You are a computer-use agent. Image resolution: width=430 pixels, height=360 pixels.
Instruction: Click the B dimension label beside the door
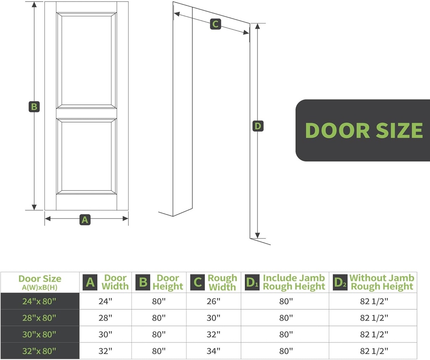(34, 107)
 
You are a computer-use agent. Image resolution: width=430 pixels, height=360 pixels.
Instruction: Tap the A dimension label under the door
(85, 219)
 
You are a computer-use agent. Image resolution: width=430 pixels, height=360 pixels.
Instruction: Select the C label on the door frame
(215, 24)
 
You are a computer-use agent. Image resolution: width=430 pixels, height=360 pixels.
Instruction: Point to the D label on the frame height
(258, 126)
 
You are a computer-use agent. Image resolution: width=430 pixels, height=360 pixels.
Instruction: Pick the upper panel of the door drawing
(87, 60)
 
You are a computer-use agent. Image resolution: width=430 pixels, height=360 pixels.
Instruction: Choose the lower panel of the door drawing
(87, 156)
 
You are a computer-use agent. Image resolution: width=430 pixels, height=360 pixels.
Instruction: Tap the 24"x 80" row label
(40, 301)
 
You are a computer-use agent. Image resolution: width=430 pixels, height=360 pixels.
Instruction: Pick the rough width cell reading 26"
(214, 301)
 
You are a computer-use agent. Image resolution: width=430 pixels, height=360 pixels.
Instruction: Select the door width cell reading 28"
(105, 318)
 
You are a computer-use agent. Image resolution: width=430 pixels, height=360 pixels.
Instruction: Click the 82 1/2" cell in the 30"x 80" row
(373, 334)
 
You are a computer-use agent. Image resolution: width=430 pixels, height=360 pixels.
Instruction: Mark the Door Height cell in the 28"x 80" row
(159, 318)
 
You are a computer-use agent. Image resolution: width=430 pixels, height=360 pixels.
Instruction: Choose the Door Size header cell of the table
(40, 282)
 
